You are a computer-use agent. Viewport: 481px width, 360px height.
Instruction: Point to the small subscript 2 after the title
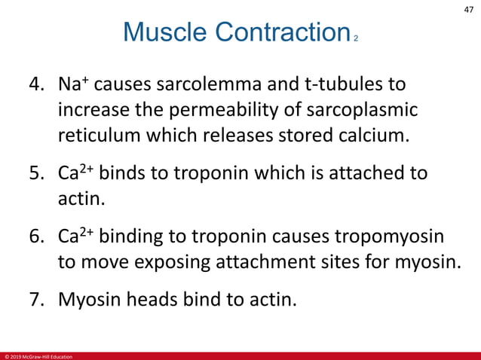pos(355,38)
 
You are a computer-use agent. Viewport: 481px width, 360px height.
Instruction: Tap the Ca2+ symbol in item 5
pos(75,173)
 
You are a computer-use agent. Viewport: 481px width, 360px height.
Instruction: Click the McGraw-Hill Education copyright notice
pos(38,355)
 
